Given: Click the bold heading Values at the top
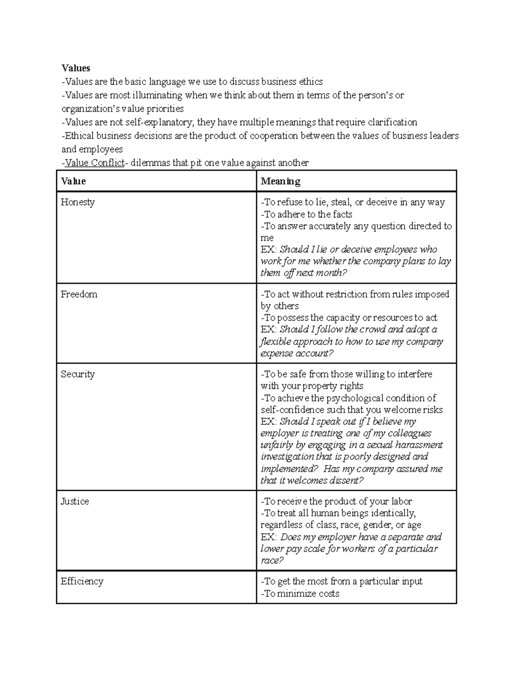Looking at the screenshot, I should click(x=76, y=68).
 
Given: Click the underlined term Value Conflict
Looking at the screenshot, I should click(x=94, y=163).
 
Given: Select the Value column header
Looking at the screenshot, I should click(x=73, y=181).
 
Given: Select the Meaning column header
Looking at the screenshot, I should click(x=280, y=181).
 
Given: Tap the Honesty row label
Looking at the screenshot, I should click(x=78, y=202).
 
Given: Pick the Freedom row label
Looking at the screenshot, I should click(x=79, y=294).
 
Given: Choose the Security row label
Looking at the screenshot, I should click(x=78, y=374).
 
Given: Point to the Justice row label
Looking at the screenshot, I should click(x=75, y=501).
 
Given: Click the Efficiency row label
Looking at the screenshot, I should click(x=82, y=582).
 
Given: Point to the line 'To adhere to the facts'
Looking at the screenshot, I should click(x=306, y=214).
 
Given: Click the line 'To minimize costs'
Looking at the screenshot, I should click(x=300, y=594).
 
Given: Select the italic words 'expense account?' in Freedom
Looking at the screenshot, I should click(x=297, y=353).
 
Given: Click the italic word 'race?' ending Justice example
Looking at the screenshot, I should click(x=272, y=561).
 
